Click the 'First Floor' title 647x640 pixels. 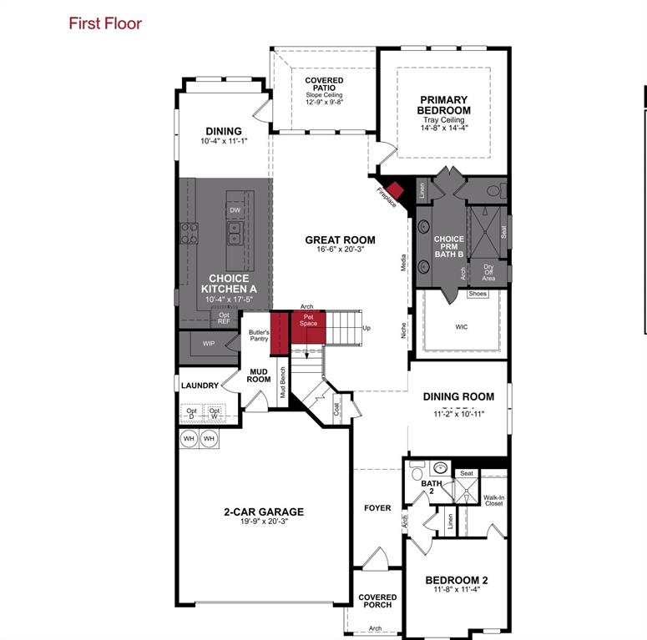pos(105,23)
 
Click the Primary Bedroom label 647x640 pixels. pos(444,105)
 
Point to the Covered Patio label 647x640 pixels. pos(324,85)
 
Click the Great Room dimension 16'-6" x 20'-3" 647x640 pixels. pos(340,249)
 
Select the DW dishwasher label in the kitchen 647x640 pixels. pos(235,210)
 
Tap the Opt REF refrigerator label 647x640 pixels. pos(224,318)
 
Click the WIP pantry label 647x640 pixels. pos(209,343)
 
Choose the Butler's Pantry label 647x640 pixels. pos(259,335)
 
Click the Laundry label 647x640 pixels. pos(200,386)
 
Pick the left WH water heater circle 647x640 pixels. pos(189,438)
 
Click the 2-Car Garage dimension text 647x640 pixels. pos(263,522)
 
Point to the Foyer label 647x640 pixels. pos(377,507)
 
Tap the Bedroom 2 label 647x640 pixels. pos(456,580)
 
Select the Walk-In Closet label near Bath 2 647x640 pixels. pos(493,501)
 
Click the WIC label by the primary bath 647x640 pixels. pos(462,327)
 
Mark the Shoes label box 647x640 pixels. pos(478,294)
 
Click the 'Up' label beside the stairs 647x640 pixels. pos(366,328)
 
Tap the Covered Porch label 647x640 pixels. pos(377,602)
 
